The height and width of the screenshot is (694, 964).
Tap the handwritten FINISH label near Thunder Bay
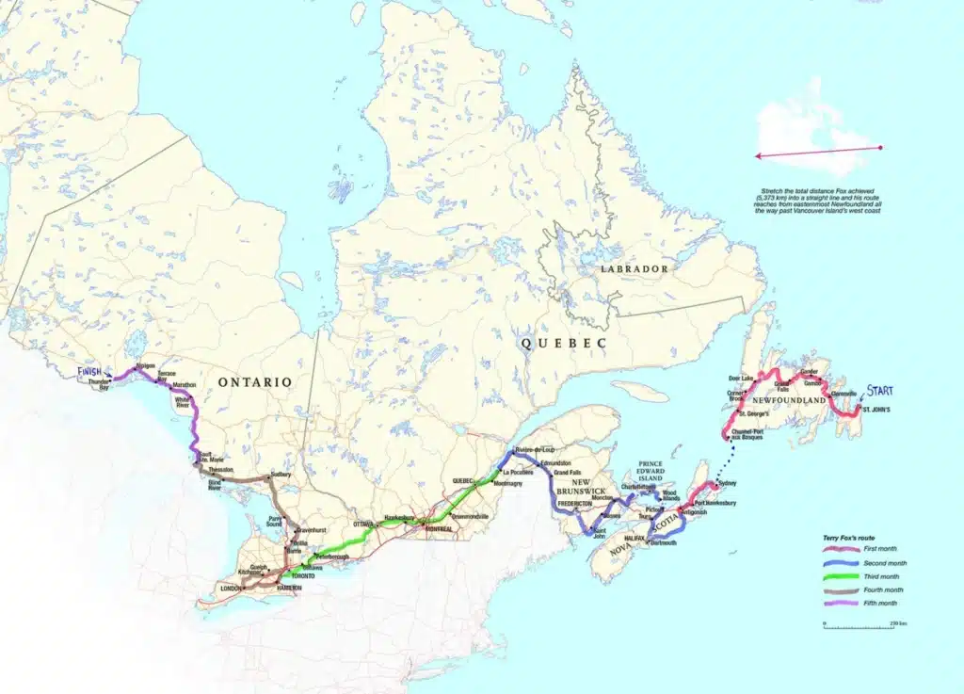click(x=91, y=372)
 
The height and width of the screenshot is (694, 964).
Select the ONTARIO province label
click(x=254, y=381)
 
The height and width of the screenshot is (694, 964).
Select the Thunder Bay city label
click(x=100, y=385)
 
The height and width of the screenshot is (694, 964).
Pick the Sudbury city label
click(x=281, y=476)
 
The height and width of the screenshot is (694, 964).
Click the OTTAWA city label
click(x=363, y=522)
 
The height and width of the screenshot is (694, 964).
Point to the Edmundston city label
click(x=557, y=462)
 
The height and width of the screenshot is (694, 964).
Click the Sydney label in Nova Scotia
click(x=727, y=484)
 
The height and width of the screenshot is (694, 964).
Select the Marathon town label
click(x=185, y=385)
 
